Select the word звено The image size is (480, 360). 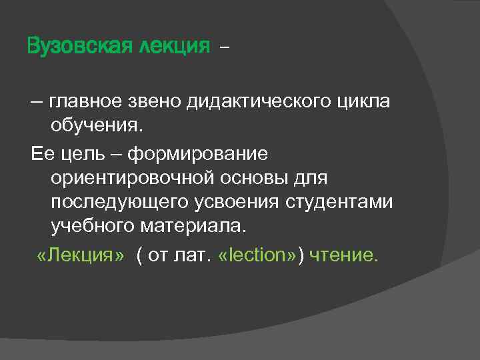coord(161,103)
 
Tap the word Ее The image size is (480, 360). coord(41,153)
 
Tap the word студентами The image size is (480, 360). coord(349,203)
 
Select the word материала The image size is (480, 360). coord(194,227)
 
